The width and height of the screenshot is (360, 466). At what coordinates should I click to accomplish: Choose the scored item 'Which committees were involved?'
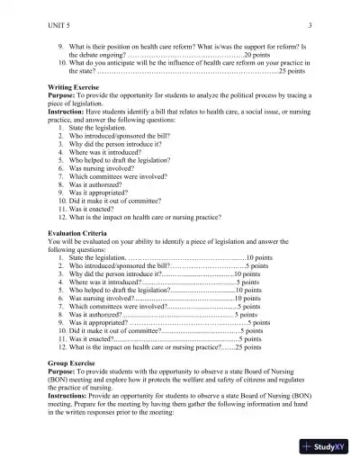pos(118,306)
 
